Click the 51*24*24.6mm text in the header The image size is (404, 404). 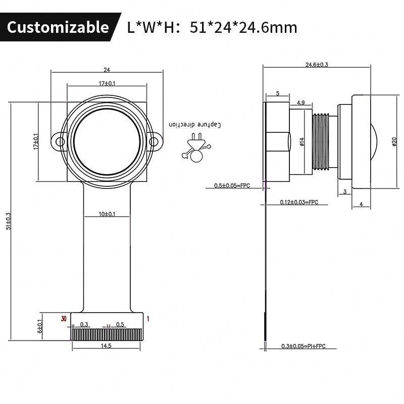click(x=243, y=28)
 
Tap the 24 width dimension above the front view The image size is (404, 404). click(x=107, y=70)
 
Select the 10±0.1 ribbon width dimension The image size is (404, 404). click(x=107, y=214)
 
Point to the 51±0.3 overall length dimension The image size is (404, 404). click(x=9, y=221)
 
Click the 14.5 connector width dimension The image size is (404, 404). click(x=106, y=346)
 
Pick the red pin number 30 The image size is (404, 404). click(x=64, y=319)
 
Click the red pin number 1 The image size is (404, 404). click(x=148, y=319)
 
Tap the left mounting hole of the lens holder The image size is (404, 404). click(x=60, y=141)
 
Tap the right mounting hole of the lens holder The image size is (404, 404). click(x=154, y=141)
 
